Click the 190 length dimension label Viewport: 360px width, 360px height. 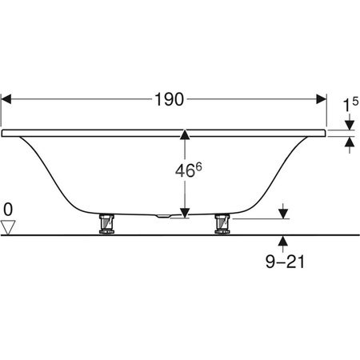[x=170, y=99]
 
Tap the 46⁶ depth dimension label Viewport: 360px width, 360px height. [x=188, y=170]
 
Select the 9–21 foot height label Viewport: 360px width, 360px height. [x=285, y=262]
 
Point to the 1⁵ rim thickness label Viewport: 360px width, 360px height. [x=350, y=104]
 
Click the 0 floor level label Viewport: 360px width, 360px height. [x=8, y=210]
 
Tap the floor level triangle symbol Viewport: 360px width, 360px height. [x=8, y=227]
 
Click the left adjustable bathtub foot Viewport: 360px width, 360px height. [x=106, y=224]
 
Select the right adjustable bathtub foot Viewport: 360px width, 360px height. [x=222, y=224]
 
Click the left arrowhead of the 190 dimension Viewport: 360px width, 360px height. [x=6, y=99]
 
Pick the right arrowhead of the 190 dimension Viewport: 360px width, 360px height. [x=322, y=99]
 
